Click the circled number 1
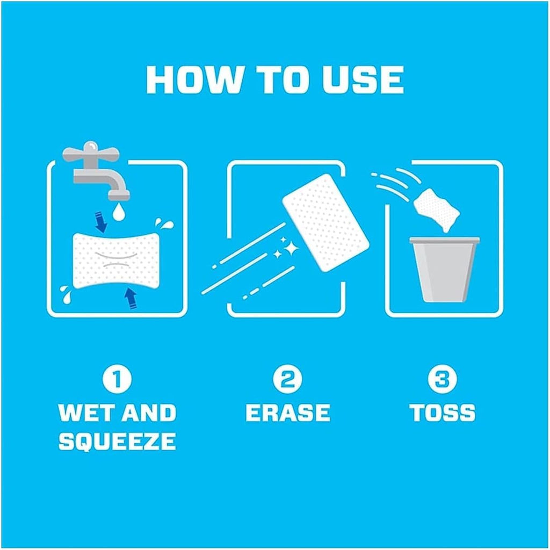(117, 380)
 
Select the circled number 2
(288, 380)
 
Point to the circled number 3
(443, 380)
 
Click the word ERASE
(288, 412)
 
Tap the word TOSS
(443, 412)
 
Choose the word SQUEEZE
(117, 441)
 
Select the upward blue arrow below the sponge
(131, 299)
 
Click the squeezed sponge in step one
(116, 260)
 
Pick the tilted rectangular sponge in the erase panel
(326, 222)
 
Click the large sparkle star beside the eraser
(291, 249)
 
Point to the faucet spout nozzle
(119, 194)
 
